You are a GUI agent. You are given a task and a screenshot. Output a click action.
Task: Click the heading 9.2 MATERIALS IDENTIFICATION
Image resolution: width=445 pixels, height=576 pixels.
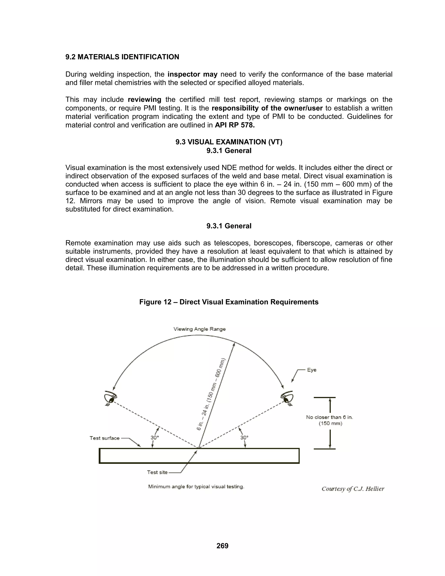click(122, 57)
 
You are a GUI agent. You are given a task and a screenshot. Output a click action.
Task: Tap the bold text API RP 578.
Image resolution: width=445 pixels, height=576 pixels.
click(235, 125)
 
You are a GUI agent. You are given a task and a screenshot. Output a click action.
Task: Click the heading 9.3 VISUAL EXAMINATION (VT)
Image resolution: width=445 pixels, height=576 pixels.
click(229, 142)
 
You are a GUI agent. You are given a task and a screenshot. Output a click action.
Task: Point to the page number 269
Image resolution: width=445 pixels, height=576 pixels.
click(222, 546)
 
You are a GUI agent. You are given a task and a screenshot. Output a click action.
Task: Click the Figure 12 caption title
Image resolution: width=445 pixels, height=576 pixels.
click(229, 302)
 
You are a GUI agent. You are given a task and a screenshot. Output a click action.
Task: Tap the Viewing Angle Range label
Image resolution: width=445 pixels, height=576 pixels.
click(199, 329)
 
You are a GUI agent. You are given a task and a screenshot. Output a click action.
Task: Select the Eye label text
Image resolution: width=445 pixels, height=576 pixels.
click(312, 370)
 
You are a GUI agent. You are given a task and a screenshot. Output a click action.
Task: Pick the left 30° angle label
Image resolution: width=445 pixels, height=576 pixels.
click(155, 438)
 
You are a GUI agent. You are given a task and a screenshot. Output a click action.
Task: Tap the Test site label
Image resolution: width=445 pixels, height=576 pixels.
click(157, 472)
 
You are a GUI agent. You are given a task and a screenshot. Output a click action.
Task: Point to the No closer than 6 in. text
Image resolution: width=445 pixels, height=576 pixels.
click(330, 417)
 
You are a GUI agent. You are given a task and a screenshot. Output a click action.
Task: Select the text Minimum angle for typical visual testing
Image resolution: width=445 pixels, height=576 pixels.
click(196, 487)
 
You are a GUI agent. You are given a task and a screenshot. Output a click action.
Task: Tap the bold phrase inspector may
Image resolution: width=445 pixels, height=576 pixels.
click(193, 74)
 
